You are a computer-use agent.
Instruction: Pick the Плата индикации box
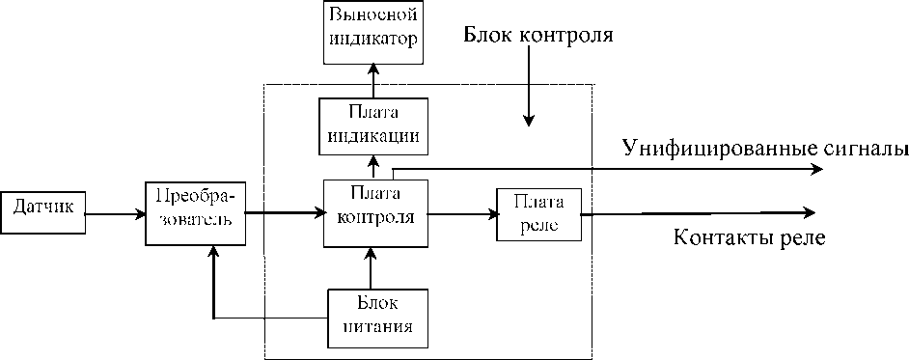372,126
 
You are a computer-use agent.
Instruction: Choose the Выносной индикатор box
372,32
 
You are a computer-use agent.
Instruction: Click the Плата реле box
538,213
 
